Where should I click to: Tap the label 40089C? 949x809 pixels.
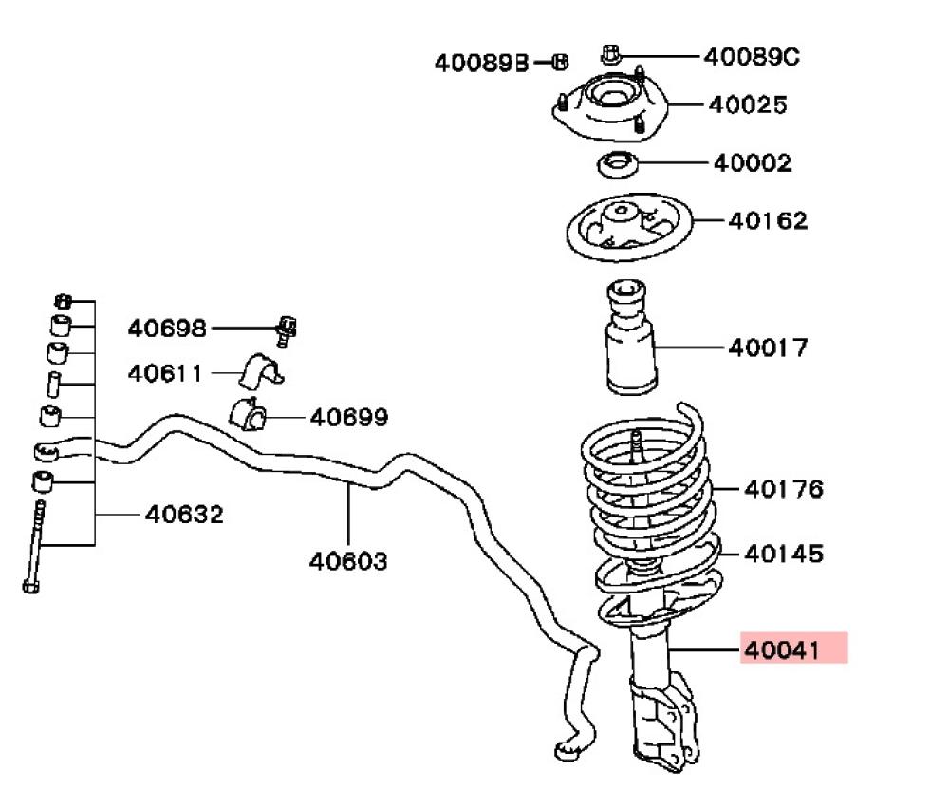[x=752, y=57]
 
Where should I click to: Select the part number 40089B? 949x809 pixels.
[x=481, y=63]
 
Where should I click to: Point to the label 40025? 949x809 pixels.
[x=748, y=104]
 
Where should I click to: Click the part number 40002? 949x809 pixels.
[x=753, y=163]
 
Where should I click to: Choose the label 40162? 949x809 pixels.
[x=769, y=220]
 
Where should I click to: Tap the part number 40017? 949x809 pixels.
[x=769, y=348]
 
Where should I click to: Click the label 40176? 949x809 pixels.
[x=784, y=489]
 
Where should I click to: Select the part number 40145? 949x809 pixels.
[x=784, y=553]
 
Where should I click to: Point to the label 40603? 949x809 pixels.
[x=348, y=561]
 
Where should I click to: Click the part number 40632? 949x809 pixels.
[x=184, y=515]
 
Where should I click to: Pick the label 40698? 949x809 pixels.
[x=167, y=329]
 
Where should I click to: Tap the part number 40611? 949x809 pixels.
[x=165, y=373]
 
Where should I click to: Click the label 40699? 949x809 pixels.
[x=349, y=417]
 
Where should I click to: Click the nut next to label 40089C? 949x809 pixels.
[x=611, y=53]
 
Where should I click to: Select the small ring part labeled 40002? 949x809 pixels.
[x=617, y=165]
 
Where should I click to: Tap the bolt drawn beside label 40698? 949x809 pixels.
[x=287, y=329]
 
